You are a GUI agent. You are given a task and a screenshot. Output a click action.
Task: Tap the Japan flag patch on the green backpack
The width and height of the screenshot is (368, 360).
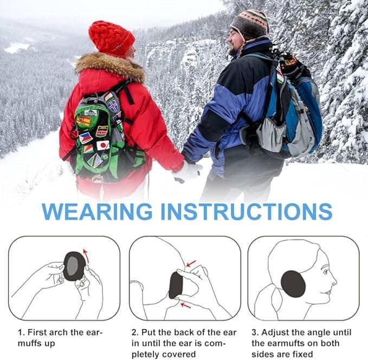[103, 145]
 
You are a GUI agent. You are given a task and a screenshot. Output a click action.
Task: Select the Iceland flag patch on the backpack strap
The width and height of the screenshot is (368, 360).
[113, 106]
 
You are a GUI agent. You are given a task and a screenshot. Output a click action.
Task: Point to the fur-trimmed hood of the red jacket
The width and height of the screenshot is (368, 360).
[110, 67]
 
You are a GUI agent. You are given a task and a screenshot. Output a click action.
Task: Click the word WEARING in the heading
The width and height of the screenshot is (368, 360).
[97, 212]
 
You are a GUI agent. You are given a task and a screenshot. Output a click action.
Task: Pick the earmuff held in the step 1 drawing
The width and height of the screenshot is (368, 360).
[74, 266]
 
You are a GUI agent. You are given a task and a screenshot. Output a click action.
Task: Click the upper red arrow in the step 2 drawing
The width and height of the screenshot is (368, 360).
[191, 264]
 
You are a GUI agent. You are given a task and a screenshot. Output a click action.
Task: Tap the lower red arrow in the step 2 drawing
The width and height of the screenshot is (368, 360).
[186, 305]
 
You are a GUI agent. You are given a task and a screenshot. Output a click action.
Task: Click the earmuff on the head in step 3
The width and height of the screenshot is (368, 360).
[293, 284]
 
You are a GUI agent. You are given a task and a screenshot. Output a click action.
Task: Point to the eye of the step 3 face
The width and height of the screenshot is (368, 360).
[326, 272]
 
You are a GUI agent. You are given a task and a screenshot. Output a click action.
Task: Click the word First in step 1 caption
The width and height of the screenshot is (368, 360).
[38, 332]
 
